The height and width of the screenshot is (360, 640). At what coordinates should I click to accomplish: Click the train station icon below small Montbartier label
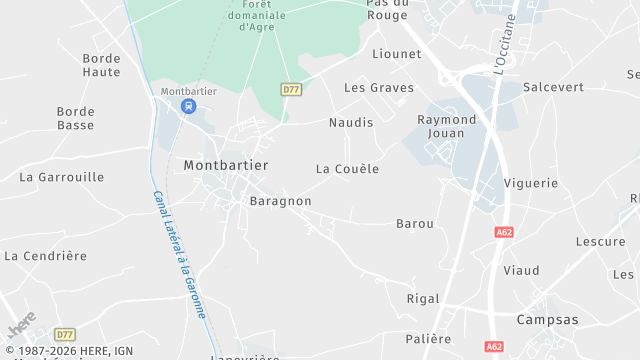tap(187, 107)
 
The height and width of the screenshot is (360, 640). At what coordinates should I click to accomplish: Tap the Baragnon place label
tap(280, 201)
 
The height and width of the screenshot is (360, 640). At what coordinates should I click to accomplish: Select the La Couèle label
tap(347, 169)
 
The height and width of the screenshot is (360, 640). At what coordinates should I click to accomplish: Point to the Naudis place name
tap(350, 122)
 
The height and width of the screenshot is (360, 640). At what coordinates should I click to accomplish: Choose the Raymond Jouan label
tap(445, 126)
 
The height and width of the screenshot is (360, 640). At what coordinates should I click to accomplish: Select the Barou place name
tap(415, 224)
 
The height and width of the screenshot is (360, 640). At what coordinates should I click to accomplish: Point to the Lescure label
tap(600, 241)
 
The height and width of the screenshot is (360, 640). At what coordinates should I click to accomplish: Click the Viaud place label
tap(521, 270)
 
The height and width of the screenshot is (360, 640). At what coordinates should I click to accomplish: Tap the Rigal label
tap(423, 298)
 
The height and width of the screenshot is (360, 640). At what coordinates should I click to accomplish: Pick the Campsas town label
tap(547, 320)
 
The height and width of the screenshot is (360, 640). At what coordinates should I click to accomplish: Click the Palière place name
tap(429, 339)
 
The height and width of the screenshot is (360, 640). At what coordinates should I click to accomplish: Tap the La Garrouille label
tap(62, 177)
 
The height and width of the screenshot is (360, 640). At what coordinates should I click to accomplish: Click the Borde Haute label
tap(101, 66)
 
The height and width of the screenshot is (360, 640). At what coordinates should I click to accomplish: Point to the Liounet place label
tap(396, 53)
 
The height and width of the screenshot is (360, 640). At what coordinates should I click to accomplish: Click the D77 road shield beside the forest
tap(291, 89)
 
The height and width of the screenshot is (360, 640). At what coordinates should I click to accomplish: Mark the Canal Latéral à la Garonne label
tap(179, 254)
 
